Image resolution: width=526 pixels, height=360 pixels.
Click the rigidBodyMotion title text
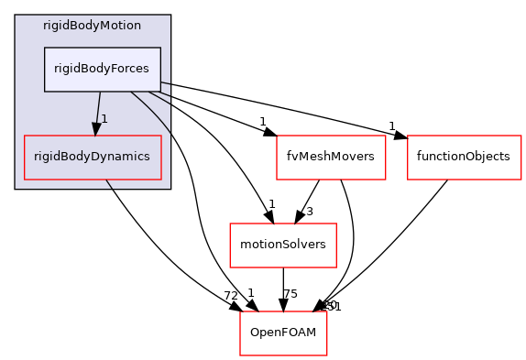pyautogui.click(x=92, y=25)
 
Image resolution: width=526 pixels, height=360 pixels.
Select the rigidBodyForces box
pyautogui.click(x=103, y=69)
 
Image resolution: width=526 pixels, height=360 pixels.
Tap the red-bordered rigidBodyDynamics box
pyautogui.click(x=93, y=157)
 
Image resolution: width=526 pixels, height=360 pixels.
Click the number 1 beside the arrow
pyautogui.click(x=104, y=119)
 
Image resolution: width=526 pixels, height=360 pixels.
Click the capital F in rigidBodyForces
pyautogui.click(x=113, y=69)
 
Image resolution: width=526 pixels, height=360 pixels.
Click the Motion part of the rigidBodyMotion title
pyautogui.click(x=121, y=25)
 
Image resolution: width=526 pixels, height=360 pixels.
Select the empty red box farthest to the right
pyautogui.click(x=464, y=158)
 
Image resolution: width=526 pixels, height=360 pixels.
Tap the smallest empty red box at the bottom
pyautogui.click(x=283, y=333)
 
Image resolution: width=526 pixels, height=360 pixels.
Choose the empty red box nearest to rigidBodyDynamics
pyautogui.click(x=331, y=158)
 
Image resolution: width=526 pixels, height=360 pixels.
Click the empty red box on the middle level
pyautogui.click(x=282, y=245)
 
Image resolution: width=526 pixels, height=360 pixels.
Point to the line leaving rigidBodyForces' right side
pyautogui.click(x=166, y=85)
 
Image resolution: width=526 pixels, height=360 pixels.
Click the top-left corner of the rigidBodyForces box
pyautogui.click(x=45, y=48)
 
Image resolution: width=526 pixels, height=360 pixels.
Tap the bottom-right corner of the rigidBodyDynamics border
pyautogui.click(x=161, y=179)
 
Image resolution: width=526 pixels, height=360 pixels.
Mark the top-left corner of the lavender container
pyautogui.click(x=16, y=16)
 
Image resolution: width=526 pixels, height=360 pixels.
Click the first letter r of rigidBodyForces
pyautogui.click(x=56, y=69)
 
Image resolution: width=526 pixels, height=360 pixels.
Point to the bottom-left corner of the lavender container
pyautogui.click(x=16, y=188)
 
